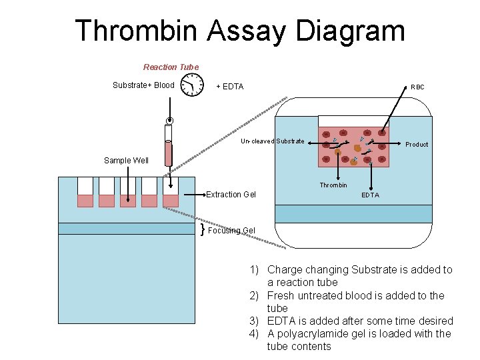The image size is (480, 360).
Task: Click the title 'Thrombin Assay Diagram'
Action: click(240, 31)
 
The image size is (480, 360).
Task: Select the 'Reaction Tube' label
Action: click(171, 67)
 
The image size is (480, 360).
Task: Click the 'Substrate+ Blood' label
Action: click(143, 85)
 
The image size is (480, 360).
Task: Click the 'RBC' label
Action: click(417, 87)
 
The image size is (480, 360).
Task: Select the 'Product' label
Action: click(417, 144)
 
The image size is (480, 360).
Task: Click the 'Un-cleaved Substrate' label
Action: click(273, 141)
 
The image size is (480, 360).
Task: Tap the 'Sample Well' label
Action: click(126, 160)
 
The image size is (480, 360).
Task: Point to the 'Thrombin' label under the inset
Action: click(333, 185)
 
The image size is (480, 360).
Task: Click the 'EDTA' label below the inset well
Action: click(370, 195)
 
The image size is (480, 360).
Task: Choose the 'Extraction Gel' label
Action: click(231, 194)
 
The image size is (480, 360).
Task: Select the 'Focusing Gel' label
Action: click(231, 231)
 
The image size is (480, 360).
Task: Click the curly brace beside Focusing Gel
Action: click(202, 229)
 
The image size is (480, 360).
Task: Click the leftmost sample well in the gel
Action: click(85, 192)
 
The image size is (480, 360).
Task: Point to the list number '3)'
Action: click(254, 321)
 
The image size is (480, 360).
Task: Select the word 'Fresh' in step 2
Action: click(280, 295)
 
